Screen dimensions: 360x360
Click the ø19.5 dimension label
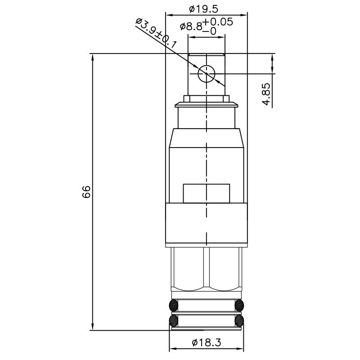[207, 8]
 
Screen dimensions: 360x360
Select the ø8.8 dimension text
[190, 27]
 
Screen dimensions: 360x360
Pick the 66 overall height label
[86, 191]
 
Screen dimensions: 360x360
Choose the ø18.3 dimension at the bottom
[206, 342]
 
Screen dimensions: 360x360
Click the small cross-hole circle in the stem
[207, 73]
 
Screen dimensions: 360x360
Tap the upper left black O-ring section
[173, 306]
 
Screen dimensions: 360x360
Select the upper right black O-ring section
[239, 306]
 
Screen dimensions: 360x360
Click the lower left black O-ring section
[173, 320]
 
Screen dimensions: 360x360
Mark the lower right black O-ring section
[239, 320]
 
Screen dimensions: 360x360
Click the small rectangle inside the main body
[206, 193]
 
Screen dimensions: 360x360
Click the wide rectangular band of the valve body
[206, 224]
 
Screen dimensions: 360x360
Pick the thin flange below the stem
[206, 105]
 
